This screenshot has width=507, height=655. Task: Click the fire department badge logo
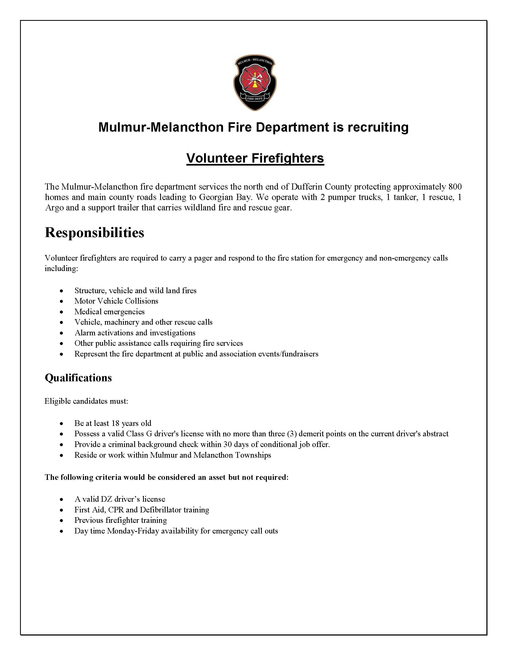[x=255, y=83]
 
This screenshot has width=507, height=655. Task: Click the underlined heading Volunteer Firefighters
[x=255, y=158]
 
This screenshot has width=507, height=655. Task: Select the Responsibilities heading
[x=94, y=232]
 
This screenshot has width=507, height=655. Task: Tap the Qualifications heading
[x=78, y=378]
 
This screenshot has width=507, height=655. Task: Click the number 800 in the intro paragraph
[x=455, y=187]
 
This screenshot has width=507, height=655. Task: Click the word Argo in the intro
[x=54, y=207]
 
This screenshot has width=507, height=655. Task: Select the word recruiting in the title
[x=378, y=127]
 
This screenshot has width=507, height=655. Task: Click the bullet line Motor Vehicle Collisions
[x=116, y=301]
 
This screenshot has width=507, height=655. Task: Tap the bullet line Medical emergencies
[x=109, y=312]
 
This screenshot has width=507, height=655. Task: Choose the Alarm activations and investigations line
[x=135, y=333]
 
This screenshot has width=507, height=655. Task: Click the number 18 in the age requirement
[x=115, y=423]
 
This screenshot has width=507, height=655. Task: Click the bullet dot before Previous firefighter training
[x=62, y=521]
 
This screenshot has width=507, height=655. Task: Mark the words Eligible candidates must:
[x=86, y=401]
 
